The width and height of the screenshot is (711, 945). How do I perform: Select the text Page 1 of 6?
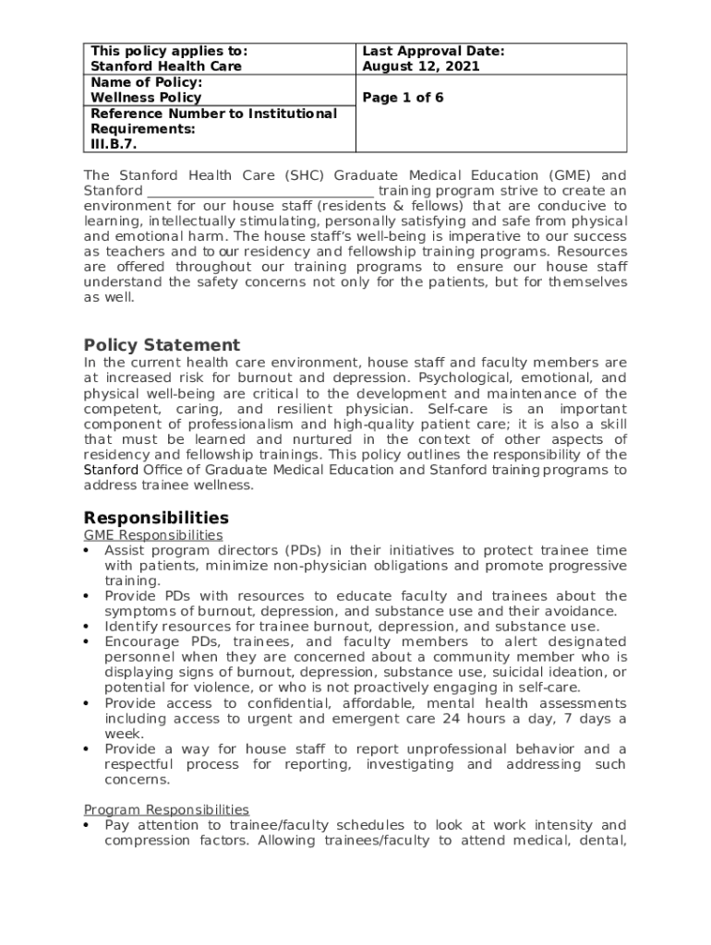403,98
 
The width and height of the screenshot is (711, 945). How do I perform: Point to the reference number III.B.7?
114,144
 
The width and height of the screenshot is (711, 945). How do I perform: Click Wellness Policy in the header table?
145,98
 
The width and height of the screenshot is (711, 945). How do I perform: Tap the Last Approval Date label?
433,52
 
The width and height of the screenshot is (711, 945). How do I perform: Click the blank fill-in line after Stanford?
260,191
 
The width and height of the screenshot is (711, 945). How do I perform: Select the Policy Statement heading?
162,345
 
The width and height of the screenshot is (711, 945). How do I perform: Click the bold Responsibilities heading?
156,518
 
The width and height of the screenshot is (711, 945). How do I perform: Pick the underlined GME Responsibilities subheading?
153,535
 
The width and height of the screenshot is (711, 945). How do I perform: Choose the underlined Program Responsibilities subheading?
166,809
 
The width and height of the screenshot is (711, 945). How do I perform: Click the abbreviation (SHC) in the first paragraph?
304,175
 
